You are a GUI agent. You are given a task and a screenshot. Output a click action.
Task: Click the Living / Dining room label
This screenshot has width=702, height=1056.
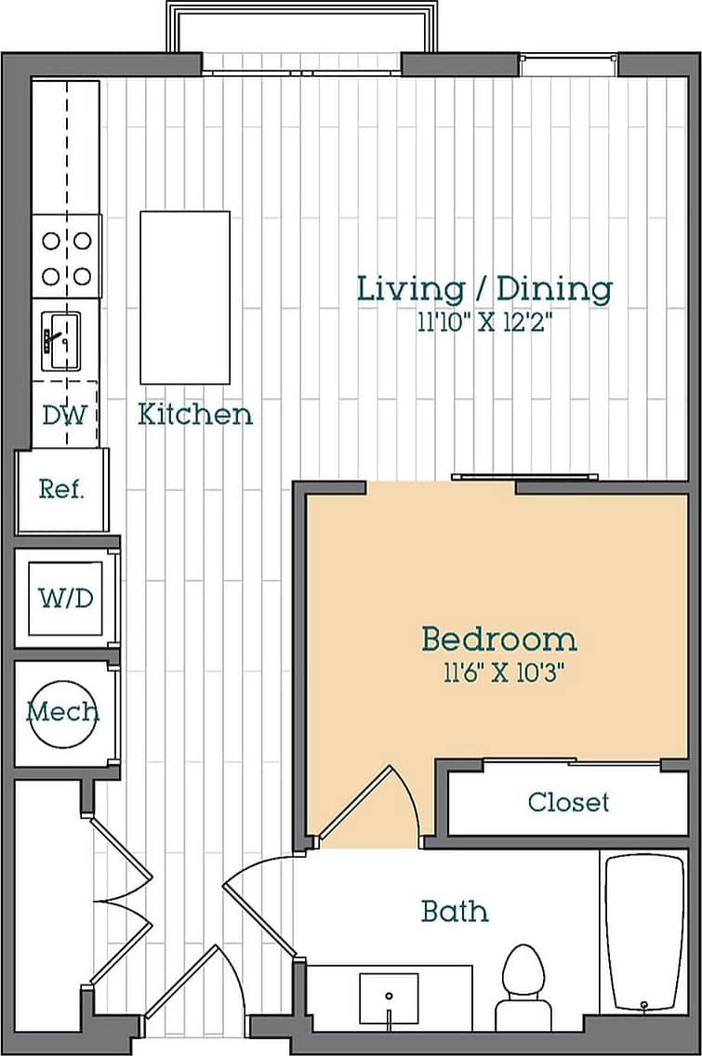484,288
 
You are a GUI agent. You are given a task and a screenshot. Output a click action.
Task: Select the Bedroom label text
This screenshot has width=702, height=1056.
498,640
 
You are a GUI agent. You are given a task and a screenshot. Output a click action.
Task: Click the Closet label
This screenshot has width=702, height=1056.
568,801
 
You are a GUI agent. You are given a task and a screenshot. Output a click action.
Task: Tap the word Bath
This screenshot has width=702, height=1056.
455,911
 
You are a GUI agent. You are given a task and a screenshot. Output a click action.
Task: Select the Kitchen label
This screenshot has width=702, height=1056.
195,414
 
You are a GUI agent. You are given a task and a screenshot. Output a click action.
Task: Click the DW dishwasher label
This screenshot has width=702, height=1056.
64,415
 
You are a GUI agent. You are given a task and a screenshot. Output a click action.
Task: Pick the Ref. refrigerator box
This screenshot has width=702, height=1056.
62,490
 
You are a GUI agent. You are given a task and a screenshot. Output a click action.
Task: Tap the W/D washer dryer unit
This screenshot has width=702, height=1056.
65,598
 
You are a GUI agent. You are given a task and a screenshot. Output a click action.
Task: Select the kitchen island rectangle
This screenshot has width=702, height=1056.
185,297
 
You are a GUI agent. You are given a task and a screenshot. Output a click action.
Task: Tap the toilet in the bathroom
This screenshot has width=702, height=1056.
526,985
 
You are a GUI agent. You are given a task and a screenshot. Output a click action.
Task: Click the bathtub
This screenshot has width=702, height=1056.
644,932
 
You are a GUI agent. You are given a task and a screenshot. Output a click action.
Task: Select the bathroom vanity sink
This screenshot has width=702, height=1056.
390,999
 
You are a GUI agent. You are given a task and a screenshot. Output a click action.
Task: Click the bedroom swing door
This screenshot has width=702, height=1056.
372,804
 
